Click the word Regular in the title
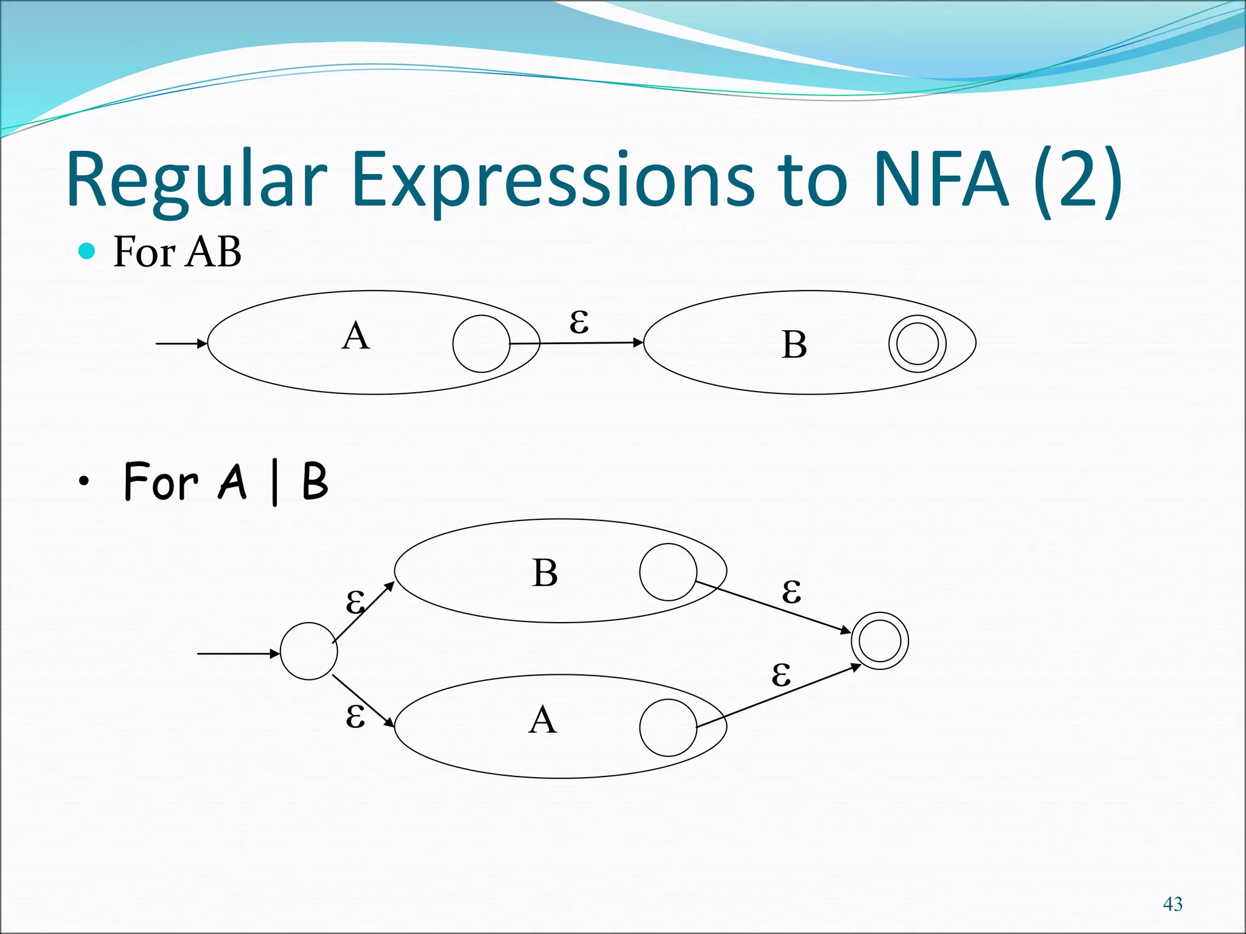[196, 180]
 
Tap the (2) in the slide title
[1078, 180]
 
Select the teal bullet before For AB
[87, 251]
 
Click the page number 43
[1172, 904]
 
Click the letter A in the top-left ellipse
[356, 336]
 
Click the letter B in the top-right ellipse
[794, 345]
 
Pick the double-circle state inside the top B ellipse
[917, 344]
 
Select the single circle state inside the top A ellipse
[481, 344]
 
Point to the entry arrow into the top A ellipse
[181, 344]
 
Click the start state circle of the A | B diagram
[308, 651]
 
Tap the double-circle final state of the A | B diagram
[880, 641]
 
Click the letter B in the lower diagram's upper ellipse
[545, 573]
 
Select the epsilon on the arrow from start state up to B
[355, 602]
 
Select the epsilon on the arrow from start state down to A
[355, 716]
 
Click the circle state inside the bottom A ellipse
[668, 727]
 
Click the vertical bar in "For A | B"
[275, 483]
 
